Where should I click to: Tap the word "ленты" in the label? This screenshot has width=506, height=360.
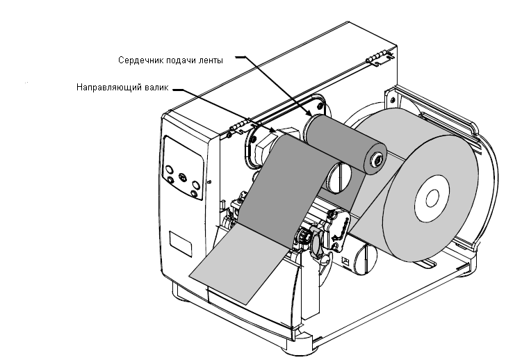(212, 60)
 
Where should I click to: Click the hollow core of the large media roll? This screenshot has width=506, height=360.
(432, 198)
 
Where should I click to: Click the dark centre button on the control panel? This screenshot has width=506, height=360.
(183, 177)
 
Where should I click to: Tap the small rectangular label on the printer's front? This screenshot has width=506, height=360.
(181, 243)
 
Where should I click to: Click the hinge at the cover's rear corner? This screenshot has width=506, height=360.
(379, 58)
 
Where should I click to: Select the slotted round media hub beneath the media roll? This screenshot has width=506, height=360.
(366, 260)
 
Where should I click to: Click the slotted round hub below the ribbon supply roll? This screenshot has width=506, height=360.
(339, 177)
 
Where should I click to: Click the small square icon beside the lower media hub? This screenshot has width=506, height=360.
(345, 261)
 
